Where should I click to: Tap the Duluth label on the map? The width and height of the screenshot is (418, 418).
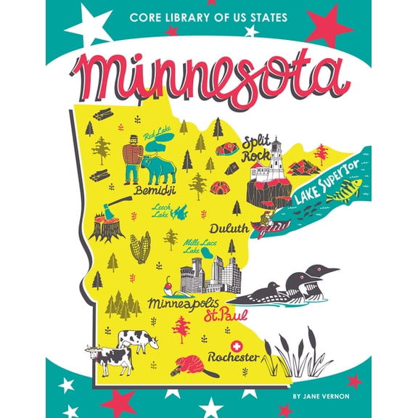click(x=229, y=229)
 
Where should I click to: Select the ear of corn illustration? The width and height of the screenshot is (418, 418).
click(x=140, y=247)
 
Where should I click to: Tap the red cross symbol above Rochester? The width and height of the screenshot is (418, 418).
click(x=234, y=346)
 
